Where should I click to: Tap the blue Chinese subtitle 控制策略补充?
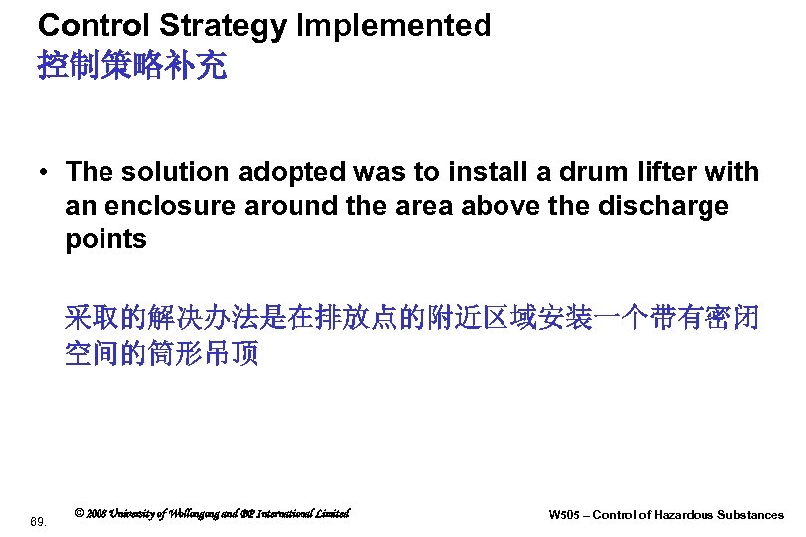[131, 67]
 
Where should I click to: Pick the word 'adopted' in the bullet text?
[291, 172]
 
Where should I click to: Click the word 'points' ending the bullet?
[105, 240]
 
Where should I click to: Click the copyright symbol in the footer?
[79, 513]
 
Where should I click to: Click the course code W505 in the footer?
[563, 515]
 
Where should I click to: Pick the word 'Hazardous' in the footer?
[688, 515]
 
